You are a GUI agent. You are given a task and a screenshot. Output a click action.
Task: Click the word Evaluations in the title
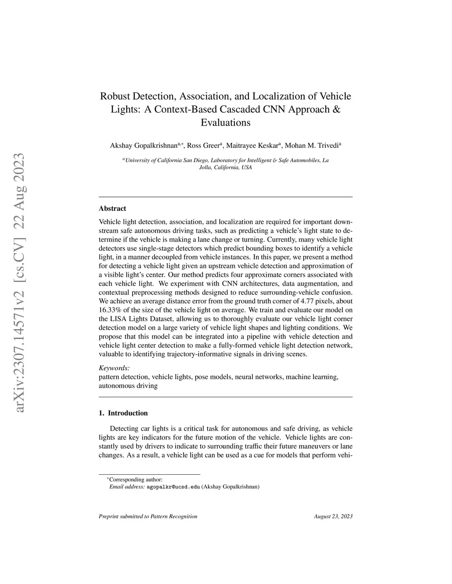coord(226,123)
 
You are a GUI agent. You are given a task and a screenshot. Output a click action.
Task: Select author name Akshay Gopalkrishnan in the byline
coord(143,145)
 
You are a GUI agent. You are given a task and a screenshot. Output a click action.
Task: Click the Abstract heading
coord(113,208)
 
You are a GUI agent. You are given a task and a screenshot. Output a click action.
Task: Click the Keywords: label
coord(114,368)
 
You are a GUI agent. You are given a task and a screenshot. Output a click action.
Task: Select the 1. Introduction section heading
coord(123,413)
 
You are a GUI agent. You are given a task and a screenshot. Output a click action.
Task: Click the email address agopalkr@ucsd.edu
coord(173,487)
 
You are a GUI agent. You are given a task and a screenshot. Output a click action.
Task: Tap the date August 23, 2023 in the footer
coord(333,516)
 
